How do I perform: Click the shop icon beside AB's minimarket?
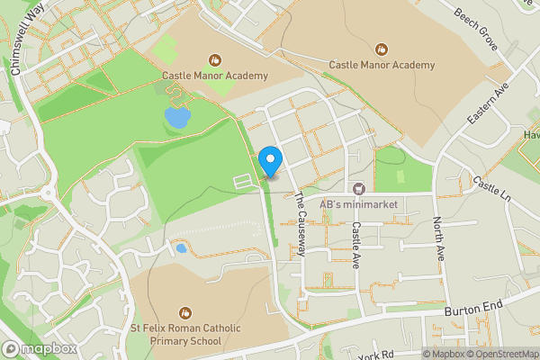pyautogui.click(x=358, y=189)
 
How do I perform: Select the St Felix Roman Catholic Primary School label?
pyautogui.click(x=186, y=335)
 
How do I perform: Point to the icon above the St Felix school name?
pyautogui.click(x=186, y=311)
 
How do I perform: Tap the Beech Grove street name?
pyautogui.click(x=476, y=17)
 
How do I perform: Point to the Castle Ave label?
pyautogui.click(x=356, y=240)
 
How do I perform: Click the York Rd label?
pyautogui.click(x=377, y=354)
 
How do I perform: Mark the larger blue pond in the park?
pyautogui.click(x=177, y=117)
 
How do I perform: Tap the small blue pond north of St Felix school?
pyautogui.click(x=182, y=247)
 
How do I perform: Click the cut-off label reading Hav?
pyautogui.click(x=531, y=135)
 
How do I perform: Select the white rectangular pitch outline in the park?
pyautogui.click(x=244, y=183)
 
